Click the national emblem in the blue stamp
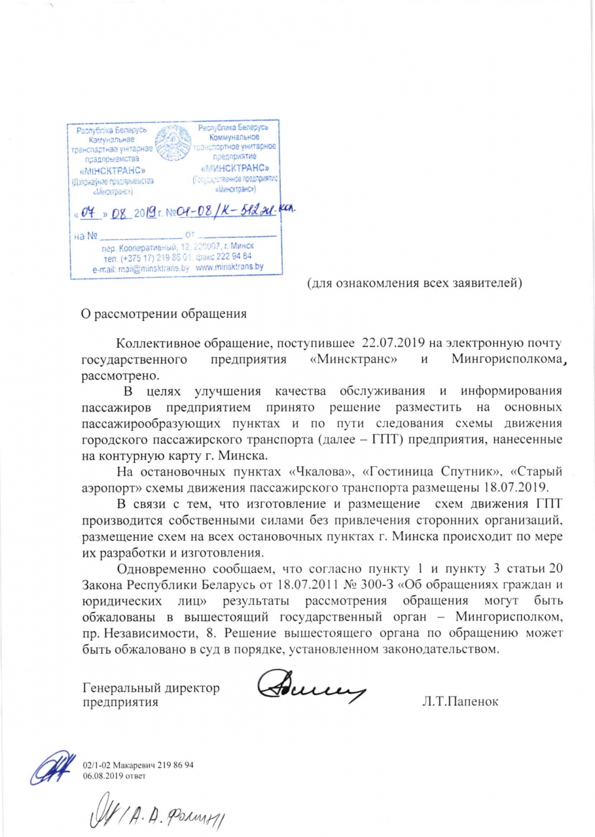[172, 144]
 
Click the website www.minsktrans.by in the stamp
[230, 267]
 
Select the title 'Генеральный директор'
[151, 687]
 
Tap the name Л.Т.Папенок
[461, 702]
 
